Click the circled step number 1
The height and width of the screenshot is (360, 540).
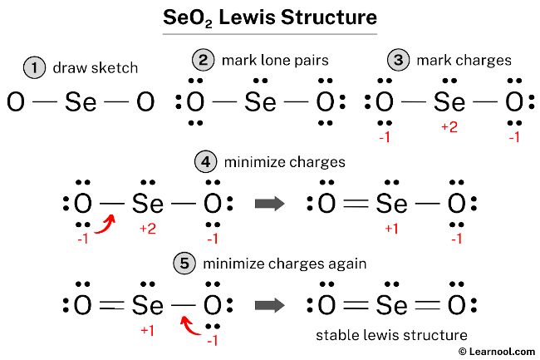(x=34, y=68)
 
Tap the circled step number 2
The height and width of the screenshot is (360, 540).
(x=203, y=61)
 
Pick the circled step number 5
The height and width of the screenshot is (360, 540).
(x=185, y=264)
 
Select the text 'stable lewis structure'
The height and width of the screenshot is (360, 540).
(x=391, y=334)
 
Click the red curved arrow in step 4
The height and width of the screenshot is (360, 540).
(x=105, y=222)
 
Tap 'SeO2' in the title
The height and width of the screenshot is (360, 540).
(x=188, y=17)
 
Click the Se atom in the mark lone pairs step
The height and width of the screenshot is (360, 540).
(x=260, y=103)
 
